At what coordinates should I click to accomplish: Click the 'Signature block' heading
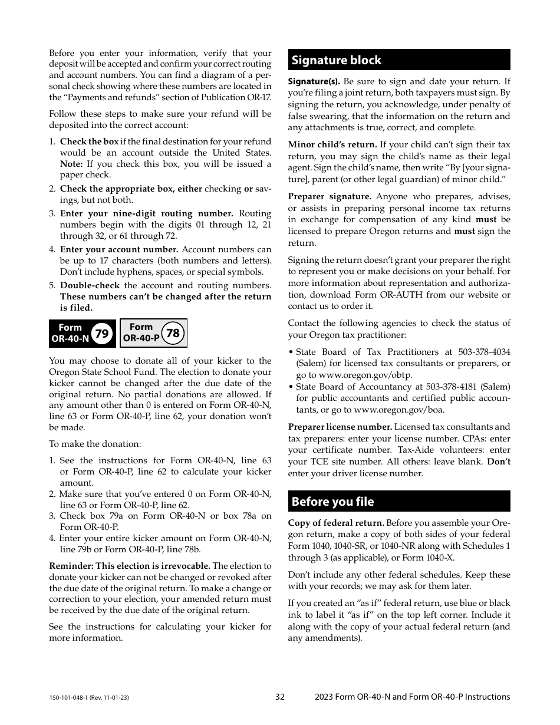tap(336, 60)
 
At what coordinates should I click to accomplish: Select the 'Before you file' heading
tap(332, 502)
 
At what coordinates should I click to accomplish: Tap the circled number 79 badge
tap(102, 334)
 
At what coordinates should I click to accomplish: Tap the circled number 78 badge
tap(173, 333)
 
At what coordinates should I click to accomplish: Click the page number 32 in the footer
tap(280, 697)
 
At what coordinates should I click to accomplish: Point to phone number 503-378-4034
tap(483, 352)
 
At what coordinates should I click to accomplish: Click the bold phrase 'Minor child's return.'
tap(332, 144)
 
